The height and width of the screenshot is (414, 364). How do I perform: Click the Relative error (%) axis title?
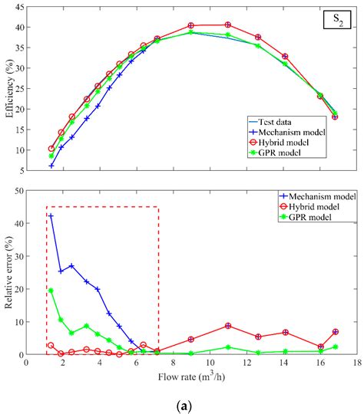(x=9, y=273)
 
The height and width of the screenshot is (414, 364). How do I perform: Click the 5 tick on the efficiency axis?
(x=22, y=170)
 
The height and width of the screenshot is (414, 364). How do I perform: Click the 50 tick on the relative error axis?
(x=20, y=191)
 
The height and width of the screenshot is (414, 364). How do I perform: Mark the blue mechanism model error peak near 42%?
(x=51, y=215)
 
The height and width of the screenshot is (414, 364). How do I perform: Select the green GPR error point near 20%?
(x=51, y=291)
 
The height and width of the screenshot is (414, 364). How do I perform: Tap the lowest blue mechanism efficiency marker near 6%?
(x=51, y=166)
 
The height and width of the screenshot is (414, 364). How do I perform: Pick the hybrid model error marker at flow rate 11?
(x=227, y=326)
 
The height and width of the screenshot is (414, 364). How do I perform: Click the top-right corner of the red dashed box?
(x=159, y=207)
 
